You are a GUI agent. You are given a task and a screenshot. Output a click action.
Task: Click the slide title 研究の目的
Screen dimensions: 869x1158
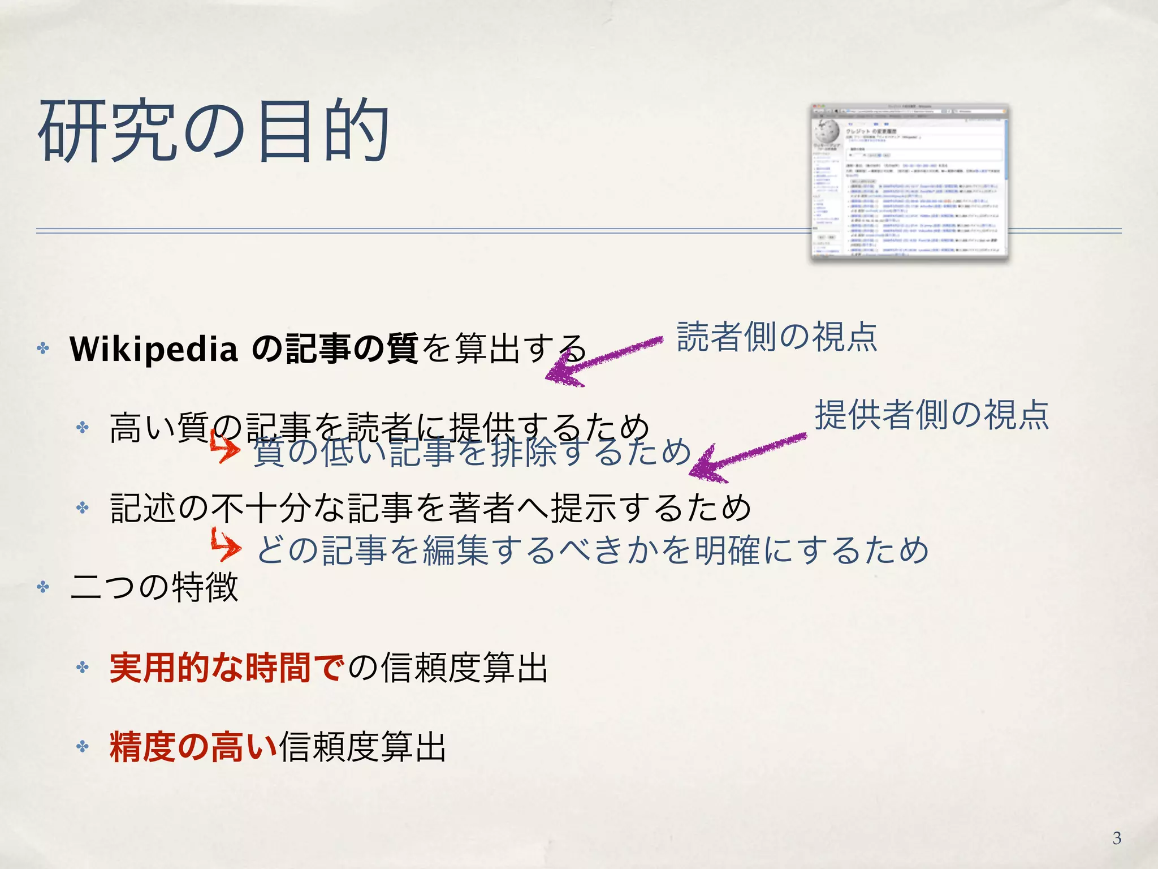pos(213,131)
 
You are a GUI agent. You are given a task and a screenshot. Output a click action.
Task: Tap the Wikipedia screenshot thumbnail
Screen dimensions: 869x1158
pos(909,182)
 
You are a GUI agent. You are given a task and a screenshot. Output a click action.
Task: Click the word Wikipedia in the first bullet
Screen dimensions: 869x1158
pos(153,349)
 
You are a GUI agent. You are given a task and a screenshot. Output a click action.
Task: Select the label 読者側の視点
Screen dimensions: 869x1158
pos(777,337)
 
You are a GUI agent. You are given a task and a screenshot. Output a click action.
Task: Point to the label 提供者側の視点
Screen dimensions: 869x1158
pos(932,415)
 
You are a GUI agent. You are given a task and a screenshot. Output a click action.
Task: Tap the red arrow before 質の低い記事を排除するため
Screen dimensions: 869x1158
pos(225,447)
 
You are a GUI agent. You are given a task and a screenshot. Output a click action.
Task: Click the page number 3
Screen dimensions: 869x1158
pos(1117,838)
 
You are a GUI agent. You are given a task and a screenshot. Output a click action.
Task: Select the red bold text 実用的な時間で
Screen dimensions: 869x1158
pos(226,668)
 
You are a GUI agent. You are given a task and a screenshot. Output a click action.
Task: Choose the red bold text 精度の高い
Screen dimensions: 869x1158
pos(193,747)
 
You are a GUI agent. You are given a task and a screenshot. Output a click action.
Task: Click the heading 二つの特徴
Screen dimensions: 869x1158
pos(154,587)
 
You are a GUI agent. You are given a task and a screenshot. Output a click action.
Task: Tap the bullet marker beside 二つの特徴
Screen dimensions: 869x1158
pos(43,587)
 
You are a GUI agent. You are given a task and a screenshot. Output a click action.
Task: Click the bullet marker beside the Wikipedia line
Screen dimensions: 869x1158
pos(43,348)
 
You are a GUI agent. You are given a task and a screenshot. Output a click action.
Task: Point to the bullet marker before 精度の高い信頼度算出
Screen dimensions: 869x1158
pos(83,747)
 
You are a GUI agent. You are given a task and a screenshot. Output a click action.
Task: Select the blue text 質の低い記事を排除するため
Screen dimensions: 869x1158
pos(472,453)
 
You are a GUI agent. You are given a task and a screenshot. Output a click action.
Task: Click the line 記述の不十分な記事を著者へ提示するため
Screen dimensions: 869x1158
pos(430,507)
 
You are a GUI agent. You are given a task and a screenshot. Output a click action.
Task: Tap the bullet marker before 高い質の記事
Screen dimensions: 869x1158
pos(83,427)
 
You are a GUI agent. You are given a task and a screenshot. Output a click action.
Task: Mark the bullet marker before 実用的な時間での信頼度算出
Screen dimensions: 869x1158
pos(83,668)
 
